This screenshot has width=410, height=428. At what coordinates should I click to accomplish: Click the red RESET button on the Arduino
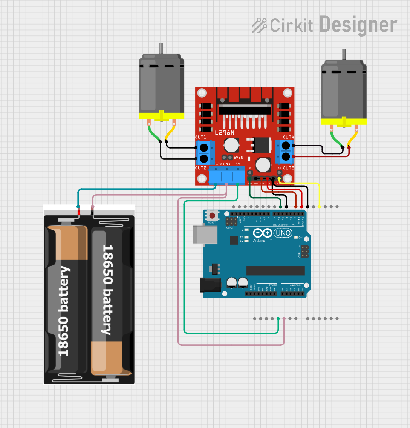(212, 216)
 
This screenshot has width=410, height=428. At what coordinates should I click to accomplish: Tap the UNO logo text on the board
(283, 233)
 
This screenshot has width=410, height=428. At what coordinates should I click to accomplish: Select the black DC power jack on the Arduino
(210, 285)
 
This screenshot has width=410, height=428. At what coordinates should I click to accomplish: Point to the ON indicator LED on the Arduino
(296, 238)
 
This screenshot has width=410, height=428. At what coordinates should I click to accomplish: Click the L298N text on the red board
(224, 133)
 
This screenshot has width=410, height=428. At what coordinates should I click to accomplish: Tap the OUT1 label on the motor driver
(200, 137)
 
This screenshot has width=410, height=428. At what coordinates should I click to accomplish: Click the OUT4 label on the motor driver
(288, 137)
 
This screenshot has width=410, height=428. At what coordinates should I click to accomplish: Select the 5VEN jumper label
(239, 157)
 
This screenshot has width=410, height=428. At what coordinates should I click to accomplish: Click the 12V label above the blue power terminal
(218, 164)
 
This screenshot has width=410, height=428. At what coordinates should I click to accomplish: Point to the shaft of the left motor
(161, 49)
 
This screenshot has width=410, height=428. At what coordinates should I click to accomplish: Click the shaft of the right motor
(344, 54)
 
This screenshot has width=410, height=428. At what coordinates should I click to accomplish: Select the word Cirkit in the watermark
(291, 26)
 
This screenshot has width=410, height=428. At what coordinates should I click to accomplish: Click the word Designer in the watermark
(358, 25)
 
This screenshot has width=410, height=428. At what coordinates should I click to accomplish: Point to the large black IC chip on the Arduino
(275, 271)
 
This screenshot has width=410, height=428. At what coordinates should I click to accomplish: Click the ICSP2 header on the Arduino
(229, 222)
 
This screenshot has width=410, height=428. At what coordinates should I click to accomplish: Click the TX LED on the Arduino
(246, 237)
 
